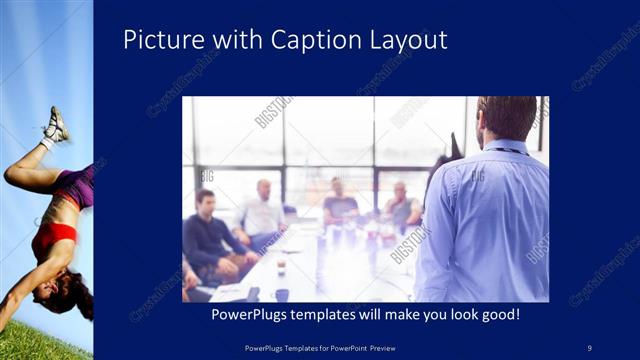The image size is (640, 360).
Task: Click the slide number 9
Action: pos(589,347)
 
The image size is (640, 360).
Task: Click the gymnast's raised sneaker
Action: pos(56,125)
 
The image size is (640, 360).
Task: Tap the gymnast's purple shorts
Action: pos(74,184)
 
